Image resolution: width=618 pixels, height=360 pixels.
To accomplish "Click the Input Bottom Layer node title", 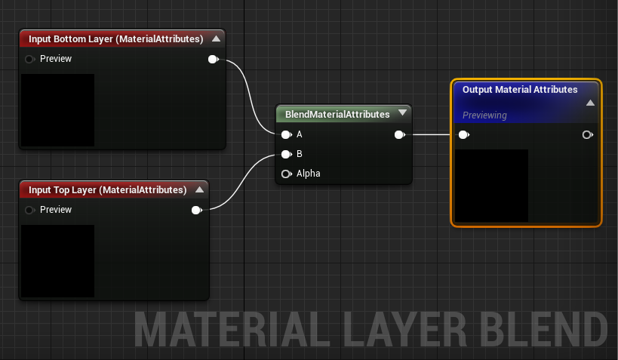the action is tap(116, 39).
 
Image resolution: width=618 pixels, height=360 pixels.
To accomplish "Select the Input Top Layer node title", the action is tap(108, 190).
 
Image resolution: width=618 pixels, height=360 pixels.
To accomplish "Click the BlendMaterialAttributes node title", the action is tap(337, 115).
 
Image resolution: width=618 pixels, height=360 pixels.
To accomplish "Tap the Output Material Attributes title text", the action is tap(520, 90).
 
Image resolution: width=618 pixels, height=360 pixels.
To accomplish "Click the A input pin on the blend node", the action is tap(287, 135).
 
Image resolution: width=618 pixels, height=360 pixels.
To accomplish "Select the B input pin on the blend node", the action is tap(287, 154).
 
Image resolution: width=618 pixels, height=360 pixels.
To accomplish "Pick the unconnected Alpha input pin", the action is tap(287, 174).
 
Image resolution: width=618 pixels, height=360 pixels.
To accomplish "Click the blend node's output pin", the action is tap(400, 135).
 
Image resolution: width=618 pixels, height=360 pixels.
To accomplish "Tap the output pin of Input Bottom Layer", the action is tap(214, 59).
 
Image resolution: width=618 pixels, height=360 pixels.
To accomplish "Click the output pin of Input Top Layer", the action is tap(197, 210).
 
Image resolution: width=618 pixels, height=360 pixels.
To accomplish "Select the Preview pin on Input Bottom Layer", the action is tap(29, 59).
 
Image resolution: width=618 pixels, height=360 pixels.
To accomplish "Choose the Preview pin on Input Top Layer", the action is tap(29, 210).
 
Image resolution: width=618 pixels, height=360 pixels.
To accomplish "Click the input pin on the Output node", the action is tap(464, 135).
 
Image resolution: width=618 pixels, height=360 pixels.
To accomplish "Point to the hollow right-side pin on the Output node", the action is tap(588, 135).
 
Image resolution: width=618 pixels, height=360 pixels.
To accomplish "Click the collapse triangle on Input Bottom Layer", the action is tap(216, 38).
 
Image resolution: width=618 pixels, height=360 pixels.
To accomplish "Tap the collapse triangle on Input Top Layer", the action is tap(200, 189).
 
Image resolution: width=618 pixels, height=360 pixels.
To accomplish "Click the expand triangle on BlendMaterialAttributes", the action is tap(402, 112).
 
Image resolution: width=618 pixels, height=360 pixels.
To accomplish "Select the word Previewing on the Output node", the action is tap(484, 115).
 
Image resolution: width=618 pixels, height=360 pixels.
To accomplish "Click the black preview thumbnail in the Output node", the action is tap(491, 186).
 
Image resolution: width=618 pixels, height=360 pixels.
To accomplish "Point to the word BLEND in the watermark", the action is tap(545, 330).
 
